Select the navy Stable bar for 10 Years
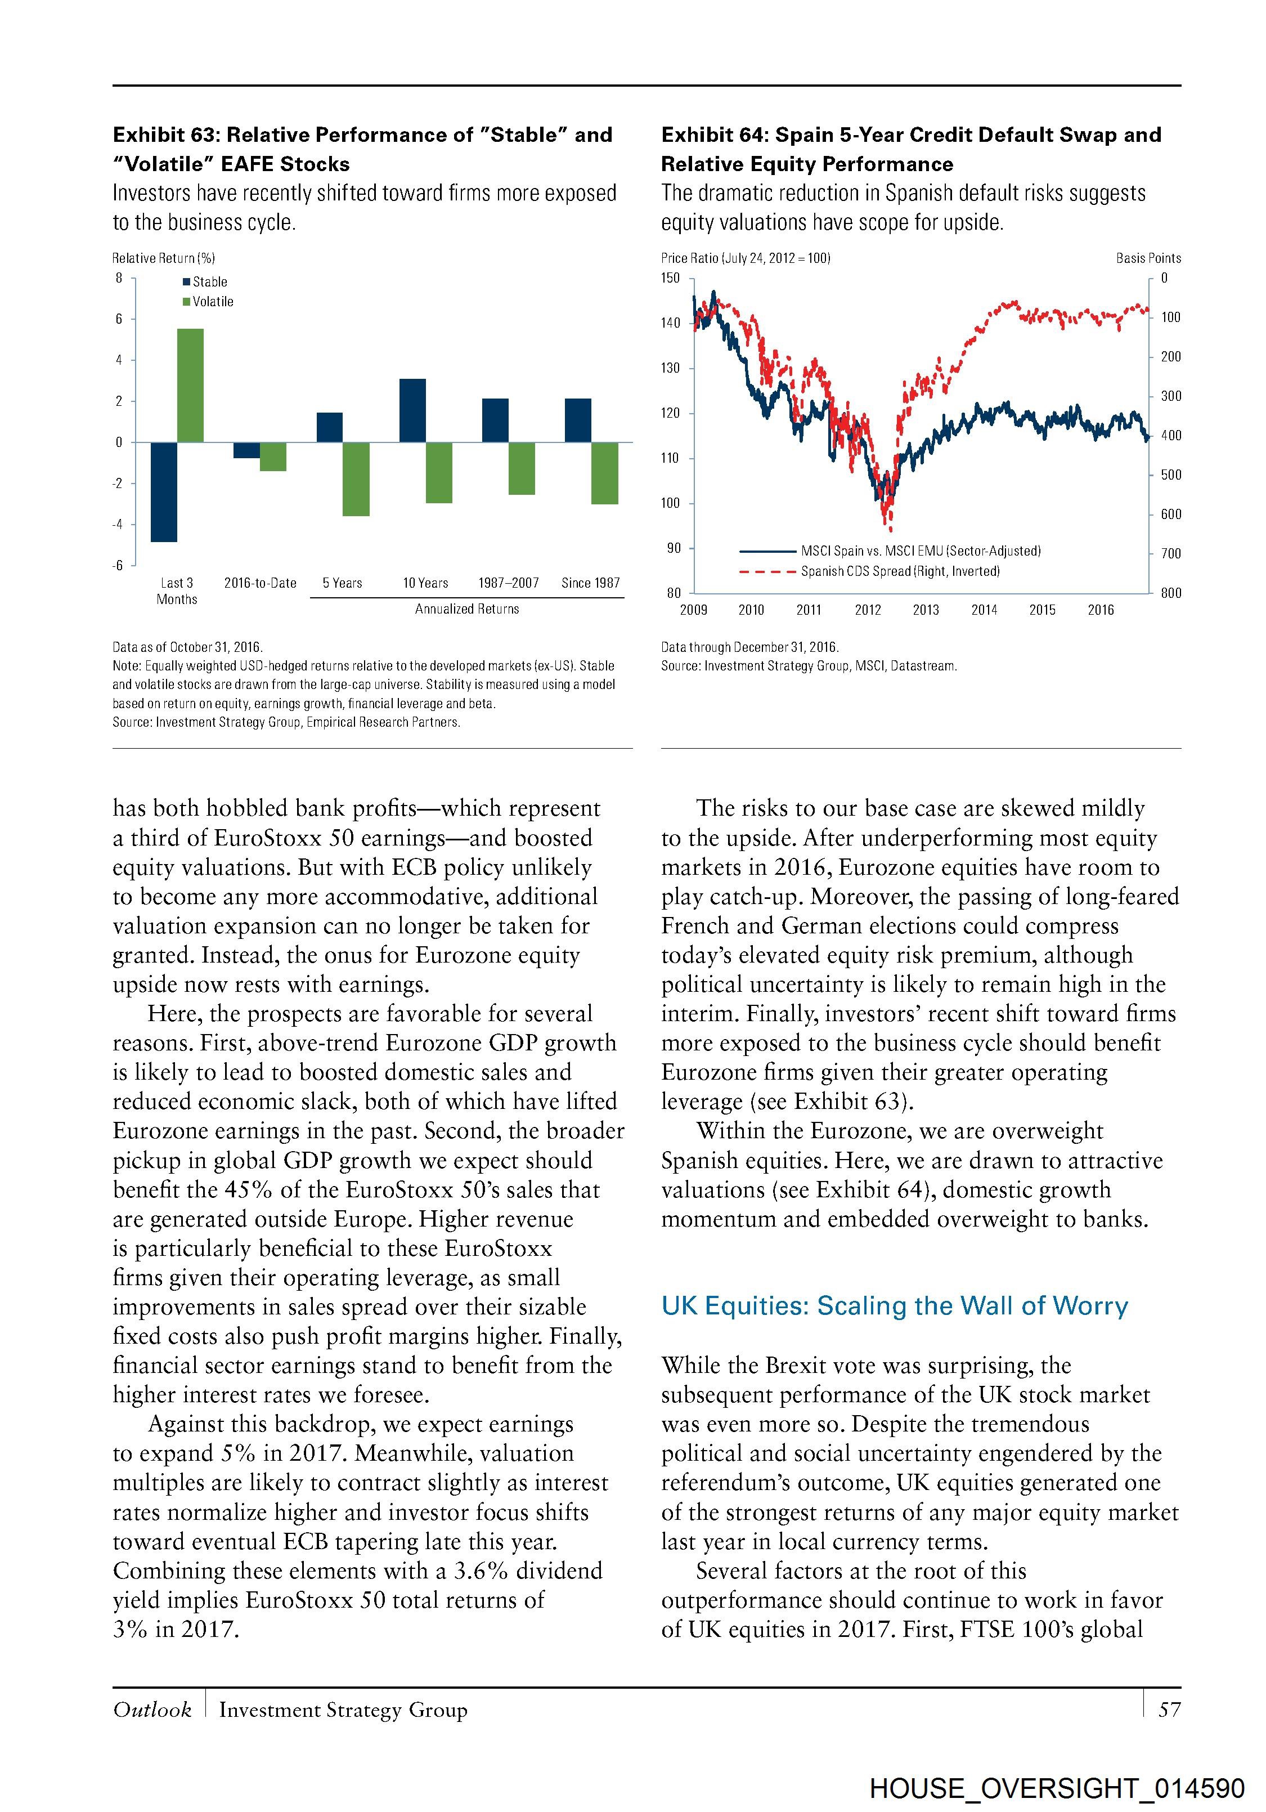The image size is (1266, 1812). pos(412,410)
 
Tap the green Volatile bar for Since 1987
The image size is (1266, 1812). pos(605,473)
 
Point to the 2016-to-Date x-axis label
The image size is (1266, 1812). pos(261,583)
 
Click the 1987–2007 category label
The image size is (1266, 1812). pos(508,583)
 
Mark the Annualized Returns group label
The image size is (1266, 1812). pos(467,609)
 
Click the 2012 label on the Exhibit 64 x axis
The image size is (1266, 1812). pos(868,610)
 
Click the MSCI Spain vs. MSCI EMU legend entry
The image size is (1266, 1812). pos(921,551)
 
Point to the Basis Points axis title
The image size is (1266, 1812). pos(1148,258)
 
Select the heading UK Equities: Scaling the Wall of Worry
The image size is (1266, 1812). pos(895,1306)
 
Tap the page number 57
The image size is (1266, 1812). pos(1169,1710)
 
